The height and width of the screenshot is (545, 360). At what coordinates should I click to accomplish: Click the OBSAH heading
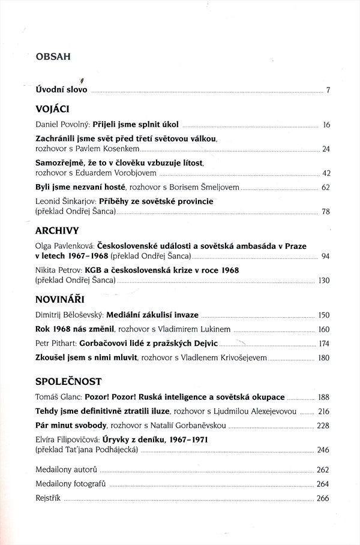[x=53, y=58]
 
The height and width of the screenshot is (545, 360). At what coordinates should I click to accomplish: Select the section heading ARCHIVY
[x=58, y=230]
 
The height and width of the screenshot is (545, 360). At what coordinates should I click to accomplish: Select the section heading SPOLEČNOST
[x=68, y=381]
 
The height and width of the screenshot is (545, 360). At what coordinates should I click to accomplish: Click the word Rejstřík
[x=49, y=499]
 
